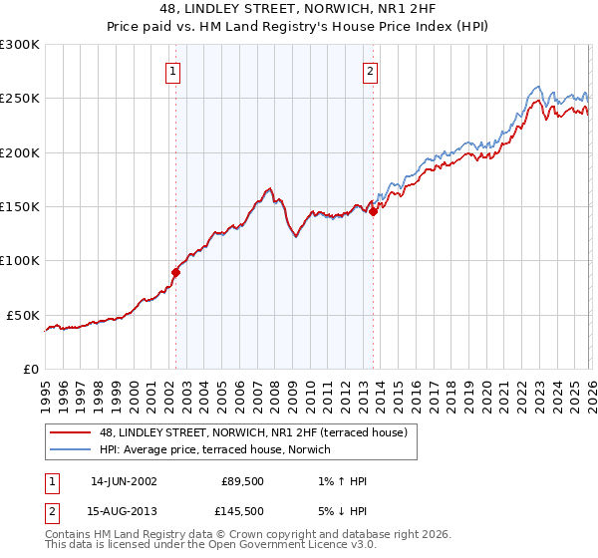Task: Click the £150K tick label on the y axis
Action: coord(20,206)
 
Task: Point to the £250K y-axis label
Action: coord(20,99)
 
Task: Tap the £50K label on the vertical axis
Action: coord(23,315)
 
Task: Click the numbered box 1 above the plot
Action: coord(173,71)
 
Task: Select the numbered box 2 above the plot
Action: coord(370,71)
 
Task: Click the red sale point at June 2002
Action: coord(175,272)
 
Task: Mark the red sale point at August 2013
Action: coord(373,211)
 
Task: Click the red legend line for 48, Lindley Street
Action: coord(70,433)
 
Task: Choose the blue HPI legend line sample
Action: coord(70,450)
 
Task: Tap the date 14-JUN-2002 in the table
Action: coord(123,481)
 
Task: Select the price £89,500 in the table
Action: coord(242,481)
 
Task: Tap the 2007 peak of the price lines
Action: coord(269,187)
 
